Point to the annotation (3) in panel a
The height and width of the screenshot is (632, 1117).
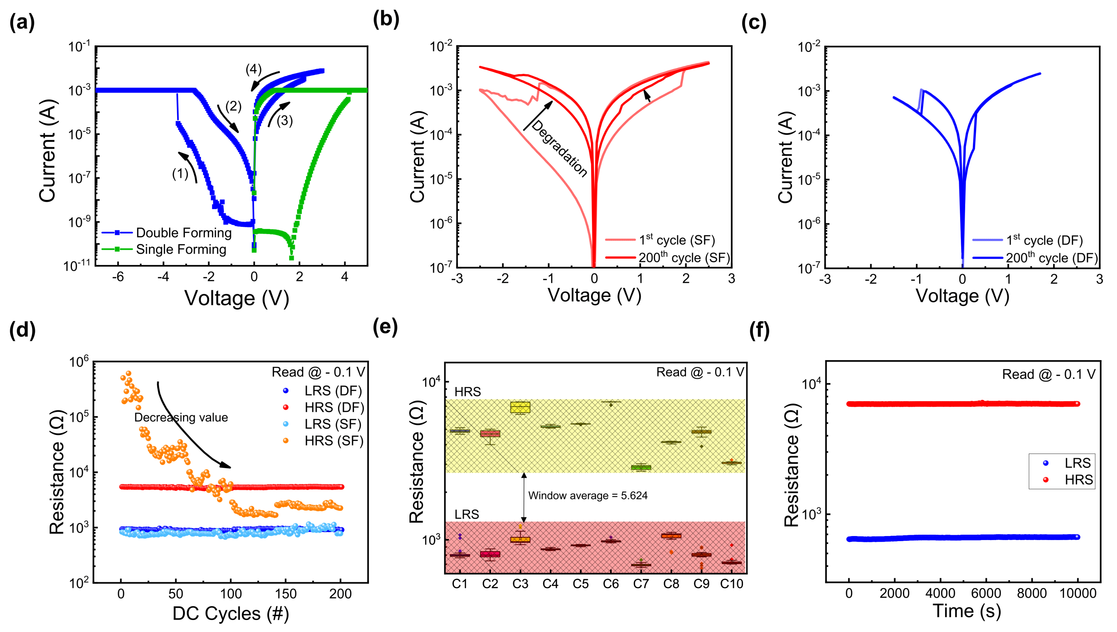[284, 120]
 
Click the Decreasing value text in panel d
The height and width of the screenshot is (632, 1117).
[181, 417]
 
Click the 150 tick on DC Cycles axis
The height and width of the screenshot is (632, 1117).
[285, 594]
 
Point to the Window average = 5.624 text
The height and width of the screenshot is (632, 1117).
[587, 496]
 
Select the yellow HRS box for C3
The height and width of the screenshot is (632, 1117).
[520, 407]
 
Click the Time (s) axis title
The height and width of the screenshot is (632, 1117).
[966, 611]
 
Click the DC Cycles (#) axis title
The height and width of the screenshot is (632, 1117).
[230, 614]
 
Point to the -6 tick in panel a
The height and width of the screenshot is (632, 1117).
[118, 277]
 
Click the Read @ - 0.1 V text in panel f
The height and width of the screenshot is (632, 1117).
[1048, 374]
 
